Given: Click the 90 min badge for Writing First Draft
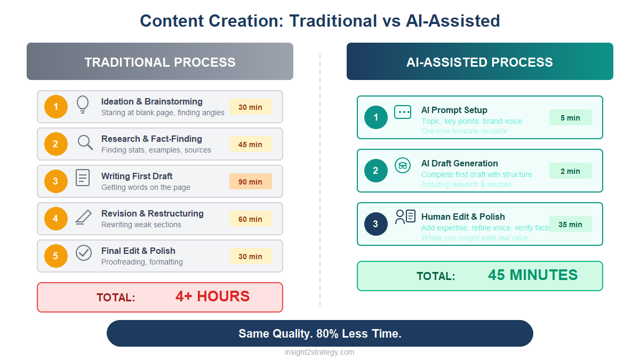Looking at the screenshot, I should [250, 181].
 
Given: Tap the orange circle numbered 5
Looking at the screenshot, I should [56, 256].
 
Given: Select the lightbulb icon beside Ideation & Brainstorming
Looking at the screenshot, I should [83, 104].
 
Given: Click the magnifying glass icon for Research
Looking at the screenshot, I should [85, 142].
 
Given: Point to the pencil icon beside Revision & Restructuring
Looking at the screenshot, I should [83, 217].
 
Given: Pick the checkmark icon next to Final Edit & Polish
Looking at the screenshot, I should [84, 253].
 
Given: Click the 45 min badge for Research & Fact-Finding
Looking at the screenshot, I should [250, 144].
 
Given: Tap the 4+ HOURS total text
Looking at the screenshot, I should [212, 297].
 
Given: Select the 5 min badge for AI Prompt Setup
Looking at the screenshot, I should [570, 117].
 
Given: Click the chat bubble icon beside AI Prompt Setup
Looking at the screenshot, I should [403, 112].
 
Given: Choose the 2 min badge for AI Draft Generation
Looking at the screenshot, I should [570, 171].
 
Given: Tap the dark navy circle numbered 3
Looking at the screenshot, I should [376, 224].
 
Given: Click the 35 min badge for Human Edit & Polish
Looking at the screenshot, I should [570, 224].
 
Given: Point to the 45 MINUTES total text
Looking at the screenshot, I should [532, 275].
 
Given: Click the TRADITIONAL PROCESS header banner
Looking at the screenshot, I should [160, 62].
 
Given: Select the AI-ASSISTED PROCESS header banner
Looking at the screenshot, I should [479, 62].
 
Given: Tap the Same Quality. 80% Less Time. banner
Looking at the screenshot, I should [320, 333].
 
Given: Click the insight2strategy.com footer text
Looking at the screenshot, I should [319, 352].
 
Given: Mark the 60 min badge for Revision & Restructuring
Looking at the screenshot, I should [250, 219].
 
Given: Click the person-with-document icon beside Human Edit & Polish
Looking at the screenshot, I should [405, 217].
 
